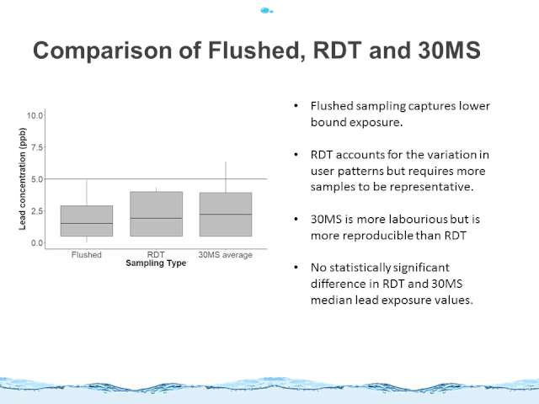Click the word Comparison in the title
tap(103, 50)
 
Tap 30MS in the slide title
tap(449, 50)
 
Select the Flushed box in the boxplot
tap(87, 221)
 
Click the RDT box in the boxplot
tap(157, 214)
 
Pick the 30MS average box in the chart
tap(226, 215)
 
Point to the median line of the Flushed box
tap(87, 224)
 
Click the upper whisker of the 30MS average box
tap(226, 177)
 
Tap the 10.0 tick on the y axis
tap(35, 115)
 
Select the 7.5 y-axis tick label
tap(37, 147)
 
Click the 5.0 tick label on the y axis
tap(37, 179)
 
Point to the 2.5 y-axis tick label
tap(37, 211)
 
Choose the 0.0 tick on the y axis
tap(37, 243)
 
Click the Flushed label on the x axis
tap(86, 255)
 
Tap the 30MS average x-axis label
tap(225, 255)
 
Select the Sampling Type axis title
tap(156, 263)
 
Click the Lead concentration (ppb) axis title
tap(23, 178)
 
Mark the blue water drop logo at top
tap(266, 11)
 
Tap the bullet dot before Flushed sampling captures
tap(296, 106)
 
